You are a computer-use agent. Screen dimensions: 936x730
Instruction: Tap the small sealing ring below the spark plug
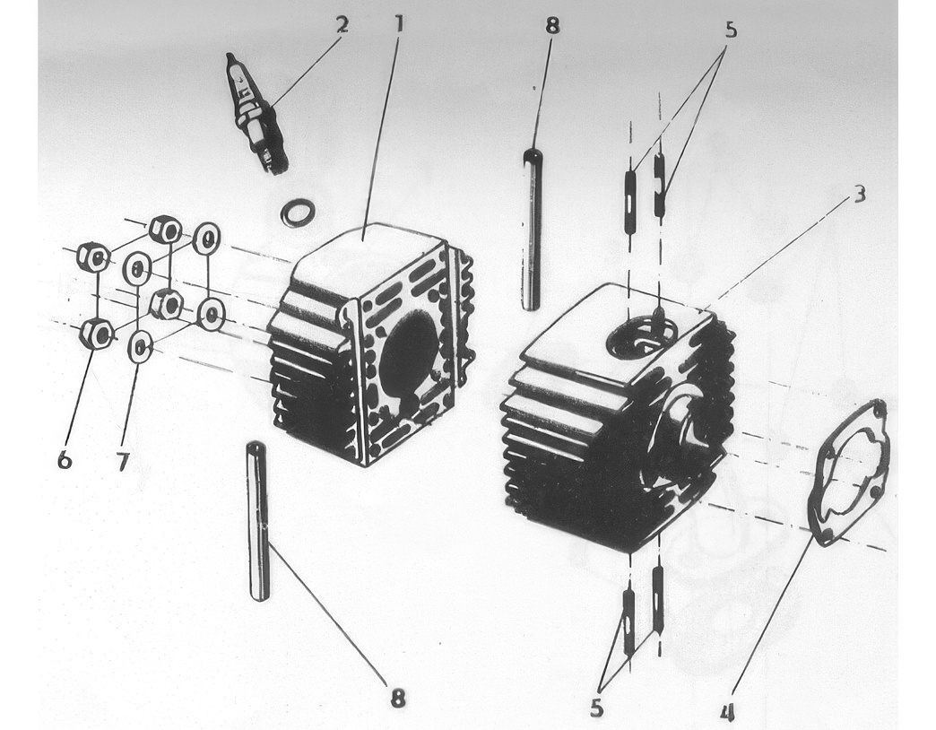click(x=298, y=213)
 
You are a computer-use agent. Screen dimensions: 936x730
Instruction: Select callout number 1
click(x=399, y=24)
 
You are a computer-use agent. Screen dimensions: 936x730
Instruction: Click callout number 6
click(x=65, y=459)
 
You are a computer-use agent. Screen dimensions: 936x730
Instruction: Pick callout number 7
click(x=123, y=461)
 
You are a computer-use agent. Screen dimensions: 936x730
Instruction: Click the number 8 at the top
click(x=553, y=26)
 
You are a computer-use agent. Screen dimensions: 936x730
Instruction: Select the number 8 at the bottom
click(x=398, y=697)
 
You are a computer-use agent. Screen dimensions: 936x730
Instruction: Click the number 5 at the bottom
click(x=596, y=708)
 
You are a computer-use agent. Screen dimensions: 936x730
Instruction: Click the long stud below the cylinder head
click(x=259, y=520)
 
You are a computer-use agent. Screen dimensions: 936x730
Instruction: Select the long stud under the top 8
click(x=532, y=230)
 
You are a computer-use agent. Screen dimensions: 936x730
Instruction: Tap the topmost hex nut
click(x=165, y=230)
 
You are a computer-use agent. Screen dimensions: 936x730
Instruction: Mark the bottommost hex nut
click(x=96, y=333)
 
